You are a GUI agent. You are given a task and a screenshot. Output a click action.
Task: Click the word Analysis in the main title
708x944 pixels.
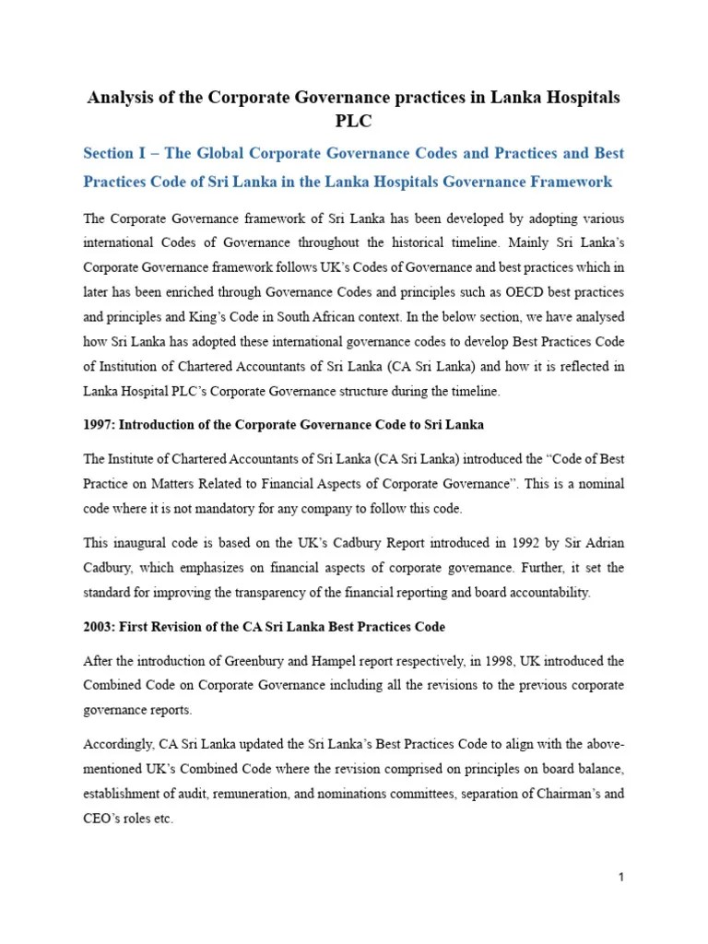coord(121,98)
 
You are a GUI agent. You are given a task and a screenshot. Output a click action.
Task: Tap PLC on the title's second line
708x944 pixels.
coord(353,122)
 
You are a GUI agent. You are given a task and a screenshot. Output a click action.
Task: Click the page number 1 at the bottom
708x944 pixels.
coord(621,878)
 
